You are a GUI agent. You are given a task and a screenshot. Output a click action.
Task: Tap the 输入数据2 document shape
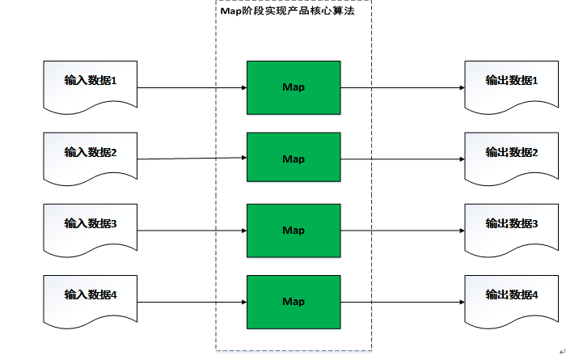tap(91, 155)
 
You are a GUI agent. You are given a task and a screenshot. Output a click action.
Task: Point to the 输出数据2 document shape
tap(511, 155)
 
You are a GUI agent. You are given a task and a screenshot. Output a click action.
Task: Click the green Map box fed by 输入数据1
tap(294, 87)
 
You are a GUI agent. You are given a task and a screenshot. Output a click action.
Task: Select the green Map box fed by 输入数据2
tap(294, 159)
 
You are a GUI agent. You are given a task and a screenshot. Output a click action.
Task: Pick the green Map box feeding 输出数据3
tap(294, 230)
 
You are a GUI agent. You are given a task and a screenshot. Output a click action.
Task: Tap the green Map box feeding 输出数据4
tap(294, 301)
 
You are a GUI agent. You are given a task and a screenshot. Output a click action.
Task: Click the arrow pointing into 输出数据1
tap(403, 87)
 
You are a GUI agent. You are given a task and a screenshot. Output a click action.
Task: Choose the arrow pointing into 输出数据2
tap(403, 159)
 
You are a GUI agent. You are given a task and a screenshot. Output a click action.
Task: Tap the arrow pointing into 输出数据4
tap(403, 302)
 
